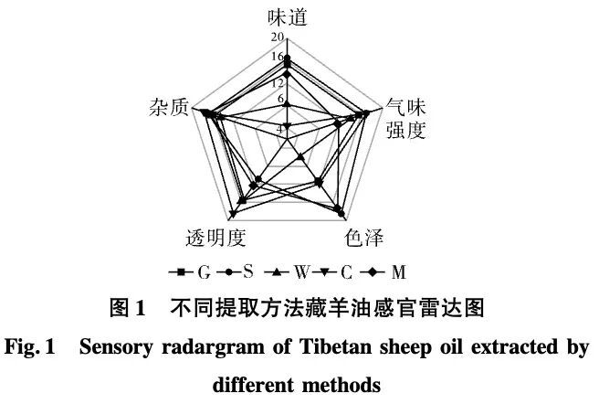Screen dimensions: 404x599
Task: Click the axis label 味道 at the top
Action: click(287, 17)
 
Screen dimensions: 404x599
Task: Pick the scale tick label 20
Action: click(277, 37)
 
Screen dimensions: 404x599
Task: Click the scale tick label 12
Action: click(277, 83)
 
